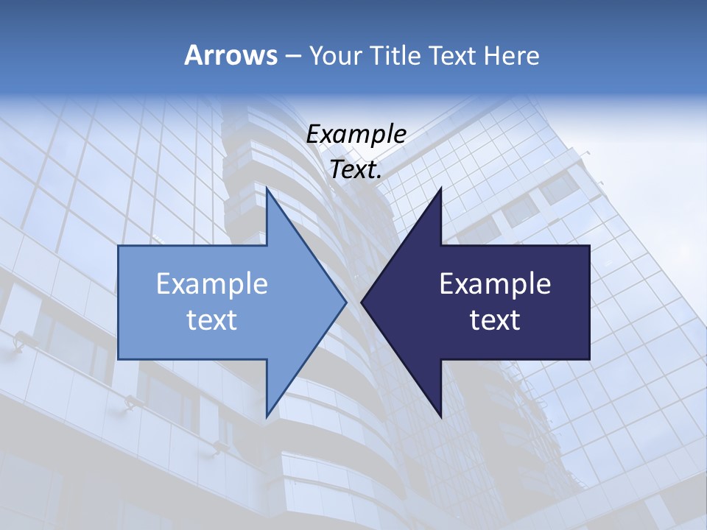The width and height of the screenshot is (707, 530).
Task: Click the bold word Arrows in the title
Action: [231, 55]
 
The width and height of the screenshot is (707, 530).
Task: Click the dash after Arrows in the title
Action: [292, 57]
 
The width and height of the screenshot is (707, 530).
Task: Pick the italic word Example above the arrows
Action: [356, 134]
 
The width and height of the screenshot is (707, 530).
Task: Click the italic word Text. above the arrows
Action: [356, 170]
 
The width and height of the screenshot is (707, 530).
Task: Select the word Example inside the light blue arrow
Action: [212, 284]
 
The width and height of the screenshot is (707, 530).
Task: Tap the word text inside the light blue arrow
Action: [212, 320]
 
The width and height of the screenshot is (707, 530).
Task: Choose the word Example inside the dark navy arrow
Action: [495, 284]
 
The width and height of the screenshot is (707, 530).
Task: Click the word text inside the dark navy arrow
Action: [495, 320]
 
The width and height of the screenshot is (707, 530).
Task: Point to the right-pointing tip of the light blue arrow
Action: [346, 302]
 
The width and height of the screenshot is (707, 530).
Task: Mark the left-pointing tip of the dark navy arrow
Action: [362, 302]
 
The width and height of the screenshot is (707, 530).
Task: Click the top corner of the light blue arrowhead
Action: [267, 188]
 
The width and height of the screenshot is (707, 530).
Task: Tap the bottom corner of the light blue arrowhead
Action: [267, 416]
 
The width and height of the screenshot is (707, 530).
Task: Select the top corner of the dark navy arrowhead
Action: [441, 188]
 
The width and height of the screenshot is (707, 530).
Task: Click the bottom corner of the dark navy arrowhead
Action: [441, 416]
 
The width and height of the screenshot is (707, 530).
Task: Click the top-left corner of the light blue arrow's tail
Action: [119, 246]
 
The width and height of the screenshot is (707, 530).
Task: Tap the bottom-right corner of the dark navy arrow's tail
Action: [589, 358]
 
